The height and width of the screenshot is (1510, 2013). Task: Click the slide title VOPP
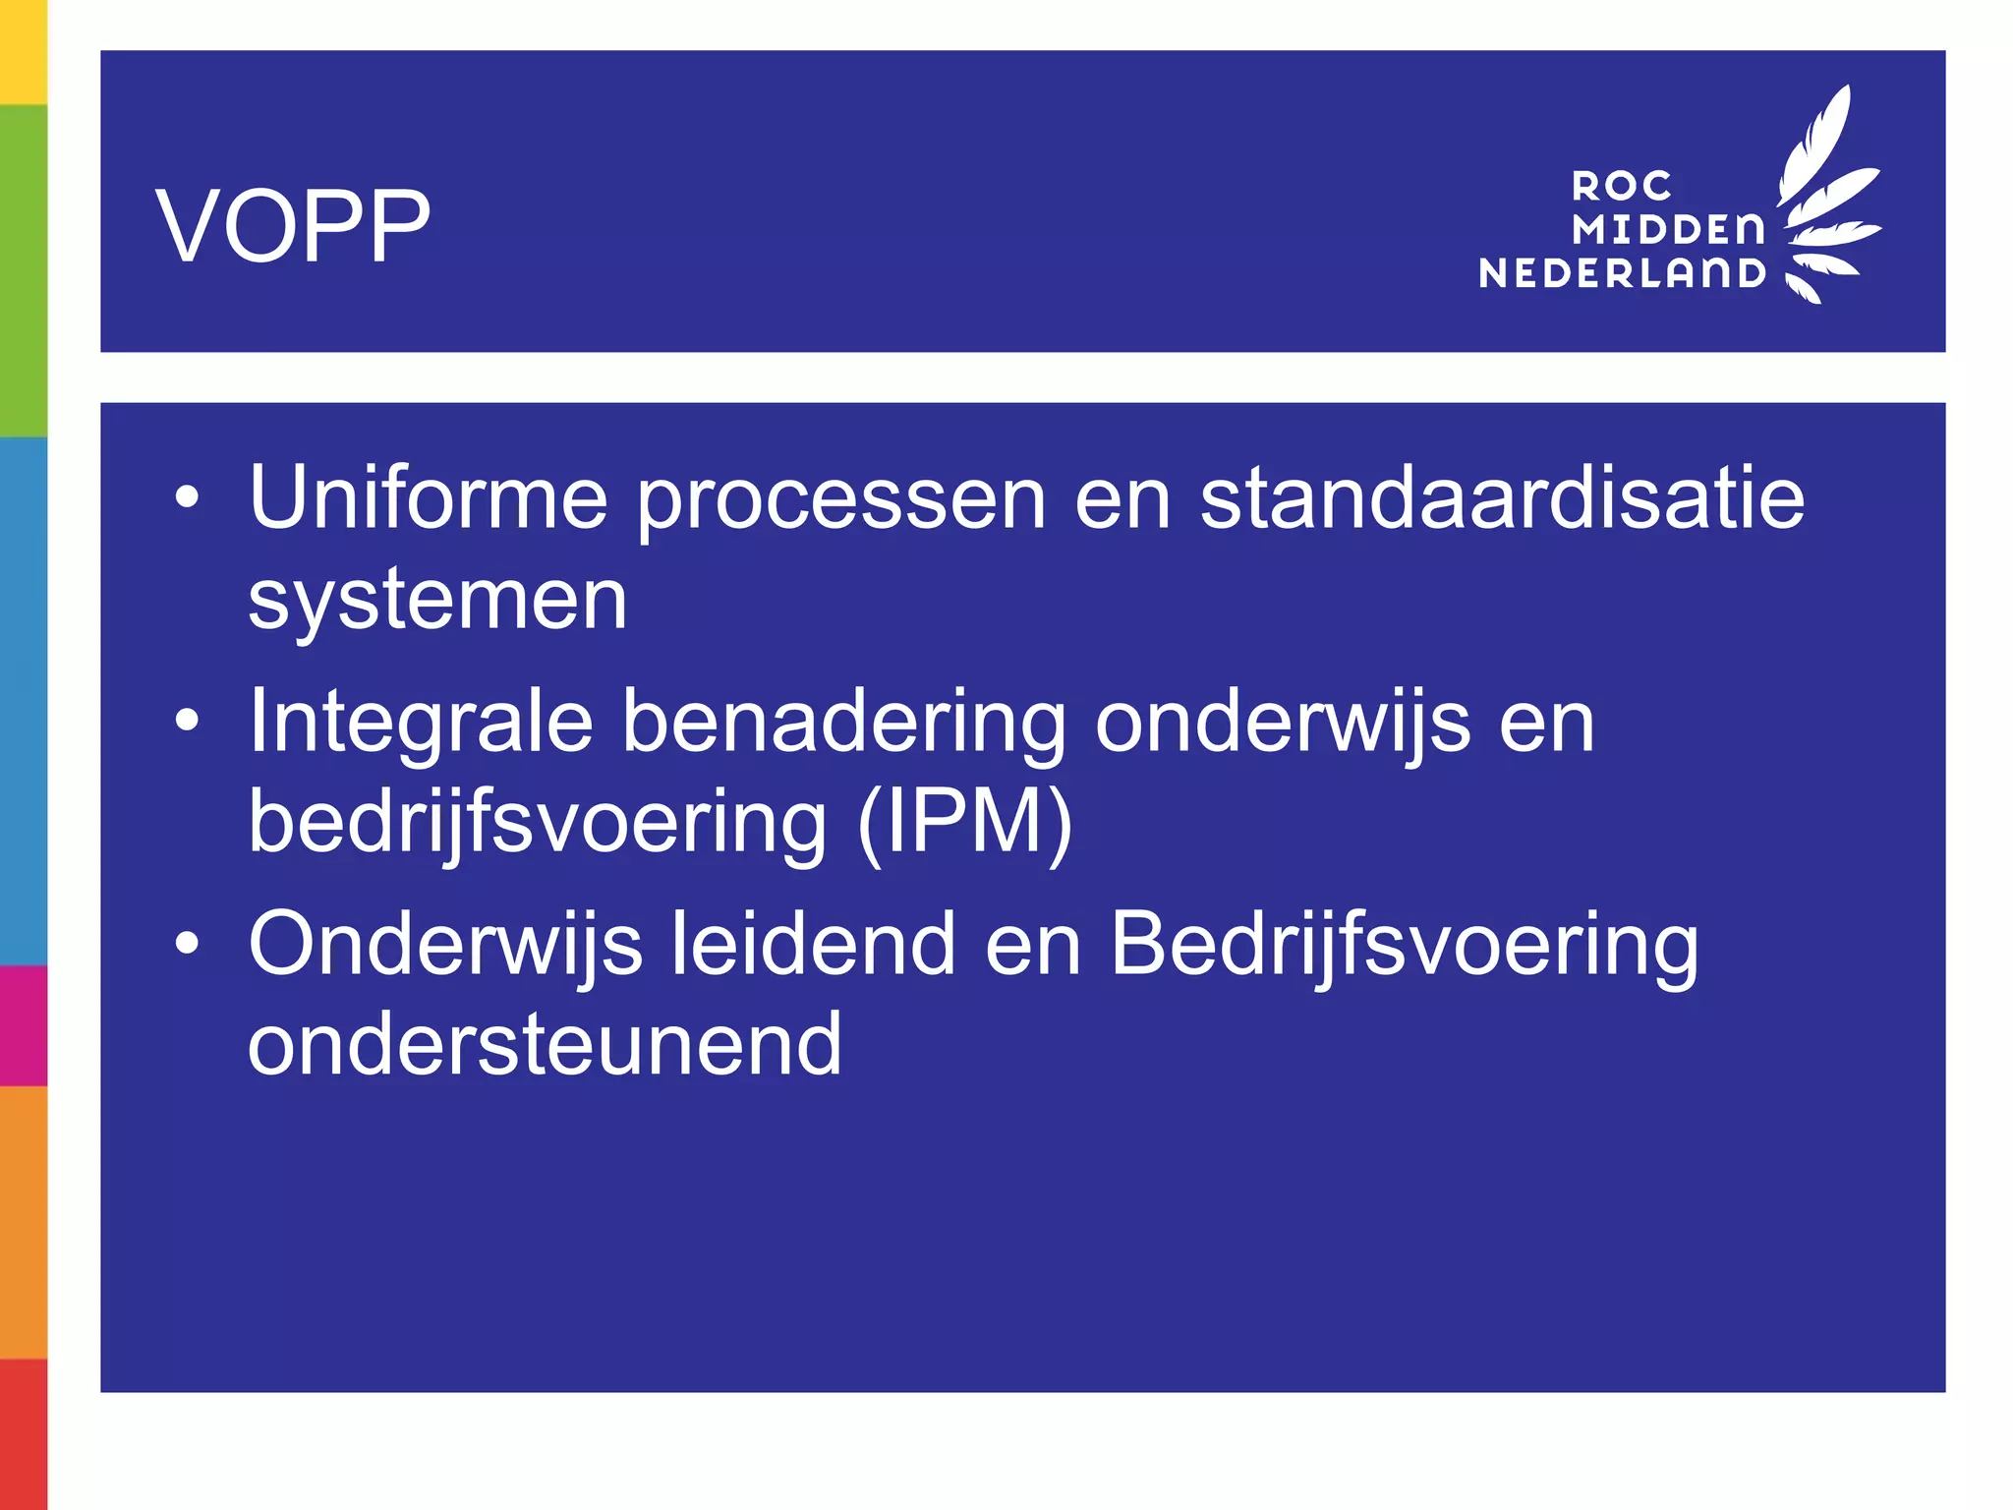tap(293, 226)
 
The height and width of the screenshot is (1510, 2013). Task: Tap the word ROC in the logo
tap(1621, 186)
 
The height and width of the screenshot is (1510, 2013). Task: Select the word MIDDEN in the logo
tap(1668, 230)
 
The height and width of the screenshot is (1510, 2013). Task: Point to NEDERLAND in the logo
tap(1623, 273)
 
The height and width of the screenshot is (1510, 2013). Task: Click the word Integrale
tap(421, 724)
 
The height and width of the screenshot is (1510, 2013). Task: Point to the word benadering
tap(844, 724)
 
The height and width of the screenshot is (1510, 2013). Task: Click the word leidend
tap(813, 944)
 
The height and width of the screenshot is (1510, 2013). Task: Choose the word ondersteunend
tap(545, 1044)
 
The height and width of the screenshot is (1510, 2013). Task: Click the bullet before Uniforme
tap(187, 498)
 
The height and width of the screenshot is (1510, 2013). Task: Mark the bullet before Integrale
tap(187, 722)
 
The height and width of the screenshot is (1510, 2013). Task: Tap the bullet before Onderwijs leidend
tap(187, 944)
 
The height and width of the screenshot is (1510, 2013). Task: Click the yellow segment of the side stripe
tap(23, 51)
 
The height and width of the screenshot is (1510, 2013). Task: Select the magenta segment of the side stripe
tap(23, 1025)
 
